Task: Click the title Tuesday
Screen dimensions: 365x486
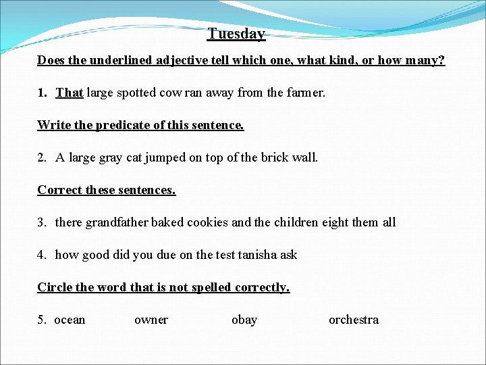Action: coord(236,33)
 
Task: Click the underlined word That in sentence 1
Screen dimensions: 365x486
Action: coord(70,93)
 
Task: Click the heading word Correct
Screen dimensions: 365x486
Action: coord(60,190)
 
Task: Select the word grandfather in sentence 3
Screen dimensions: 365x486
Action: coord(116,222)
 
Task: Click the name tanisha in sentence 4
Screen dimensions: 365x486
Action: coord(256,255)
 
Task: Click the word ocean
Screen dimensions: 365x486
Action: coord(70,320)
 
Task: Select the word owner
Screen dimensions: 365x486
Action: coord(151,320)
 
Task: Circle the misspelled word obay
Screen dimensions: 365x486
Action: coord(244,320)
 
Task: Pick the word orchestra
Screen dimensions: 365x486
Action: coord(354,320)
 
